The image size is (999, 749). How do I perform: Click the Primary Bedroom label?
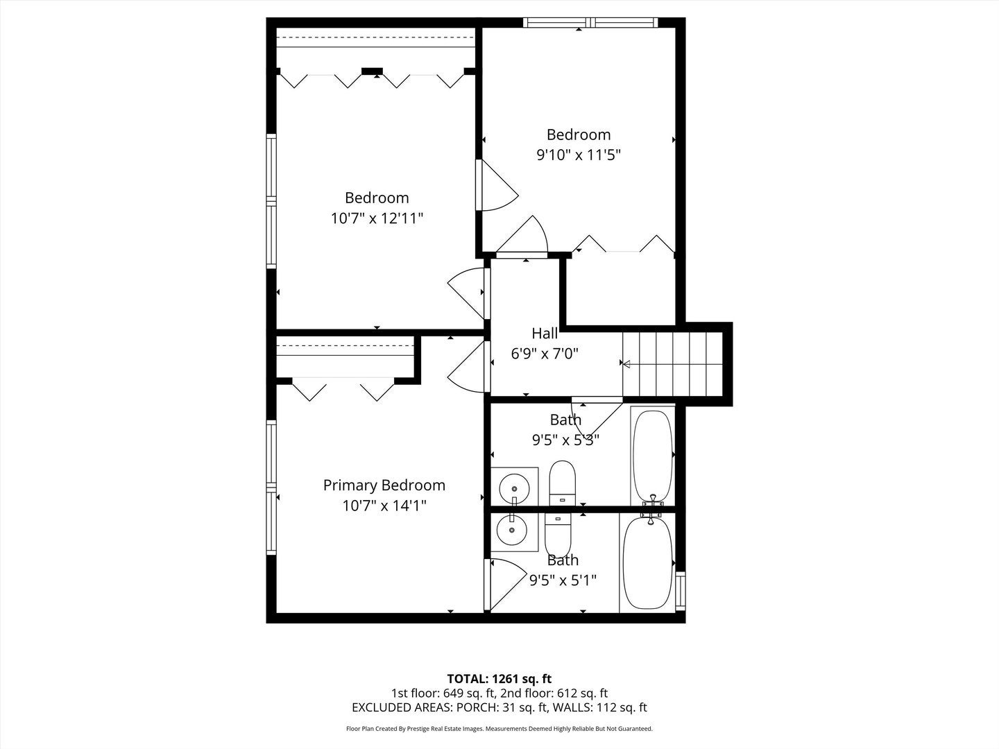point(384,485)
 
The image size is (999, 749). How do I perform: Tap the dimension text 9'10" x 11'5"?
point(578,155)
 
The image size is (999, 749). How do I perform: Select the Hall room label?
point(545,334)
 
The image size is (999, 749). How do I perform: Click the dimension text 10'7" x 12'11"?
point(377,218)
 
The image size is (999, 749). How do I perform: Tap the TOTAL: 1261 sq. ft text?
point(499,678)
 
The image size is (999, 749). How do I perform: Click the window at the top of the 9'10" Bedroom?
point(590,23)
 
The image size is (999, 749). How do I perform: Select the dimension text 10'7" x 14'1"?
point(384,506)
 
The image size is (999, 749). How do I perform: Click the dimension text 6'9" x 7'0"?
point(545,354)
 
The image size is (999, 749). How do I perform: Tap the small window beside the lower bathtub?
point(681,589)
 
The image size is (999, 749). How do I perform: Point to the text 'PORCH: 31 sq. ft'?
point(497,707)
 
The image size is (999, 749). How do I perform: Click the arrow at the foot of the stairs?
point(626,363)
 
